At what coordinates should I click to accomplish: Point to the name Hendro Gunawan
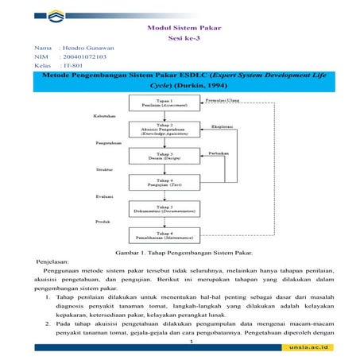pyautogui.click(x=88, y=48)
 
